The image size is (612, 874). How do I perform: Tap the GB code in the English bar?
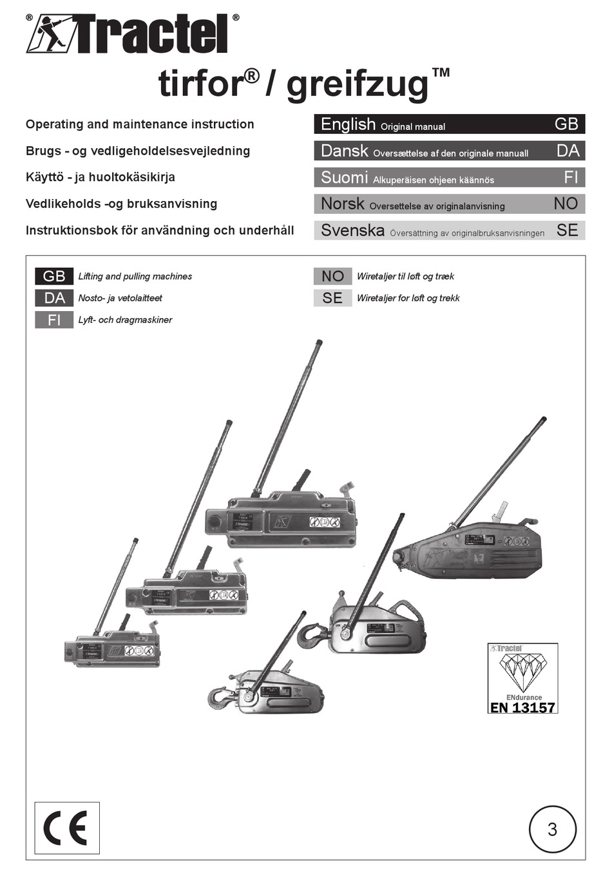pos(566,124)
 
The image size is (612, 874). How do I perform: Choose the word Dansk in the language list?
pos(345,151)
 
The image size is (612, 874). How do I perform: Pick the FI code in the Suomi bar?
pos(571,177)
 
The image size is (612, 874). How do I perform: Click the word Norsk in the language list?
pos(343,204)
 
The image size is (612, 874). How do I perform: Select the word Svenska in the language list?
pos(352,230)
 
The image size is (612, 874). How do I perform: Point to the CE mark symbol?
pos(66,828)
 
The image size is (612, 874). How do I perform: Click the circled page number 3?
pos(552,829)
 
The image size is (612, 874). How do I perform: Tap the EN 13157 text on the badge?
pos(522,707)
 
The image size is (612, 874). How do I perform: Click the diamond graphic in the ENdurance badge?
pos(522,672)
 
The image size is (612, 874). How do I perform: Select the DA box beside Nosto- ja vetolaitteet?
pos(54,298)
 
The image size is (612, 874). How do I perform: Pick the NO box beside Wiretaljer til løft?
pos(332,276)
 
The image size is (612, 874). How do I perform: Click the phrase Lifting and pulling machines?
pos(135,276)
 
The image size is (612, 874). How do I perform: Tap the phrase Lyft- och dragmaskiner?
pos(125,319)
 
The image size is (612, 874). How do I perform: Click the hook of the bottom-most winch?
pos(220,697)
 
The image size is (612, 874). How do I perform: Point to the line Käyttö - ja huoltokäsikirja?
pos(100,177)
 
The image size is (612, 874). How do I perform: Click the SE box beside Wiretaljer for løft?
pos(332,298)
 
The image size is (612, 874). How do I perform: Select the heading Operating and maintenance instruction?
pos(140,124)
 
